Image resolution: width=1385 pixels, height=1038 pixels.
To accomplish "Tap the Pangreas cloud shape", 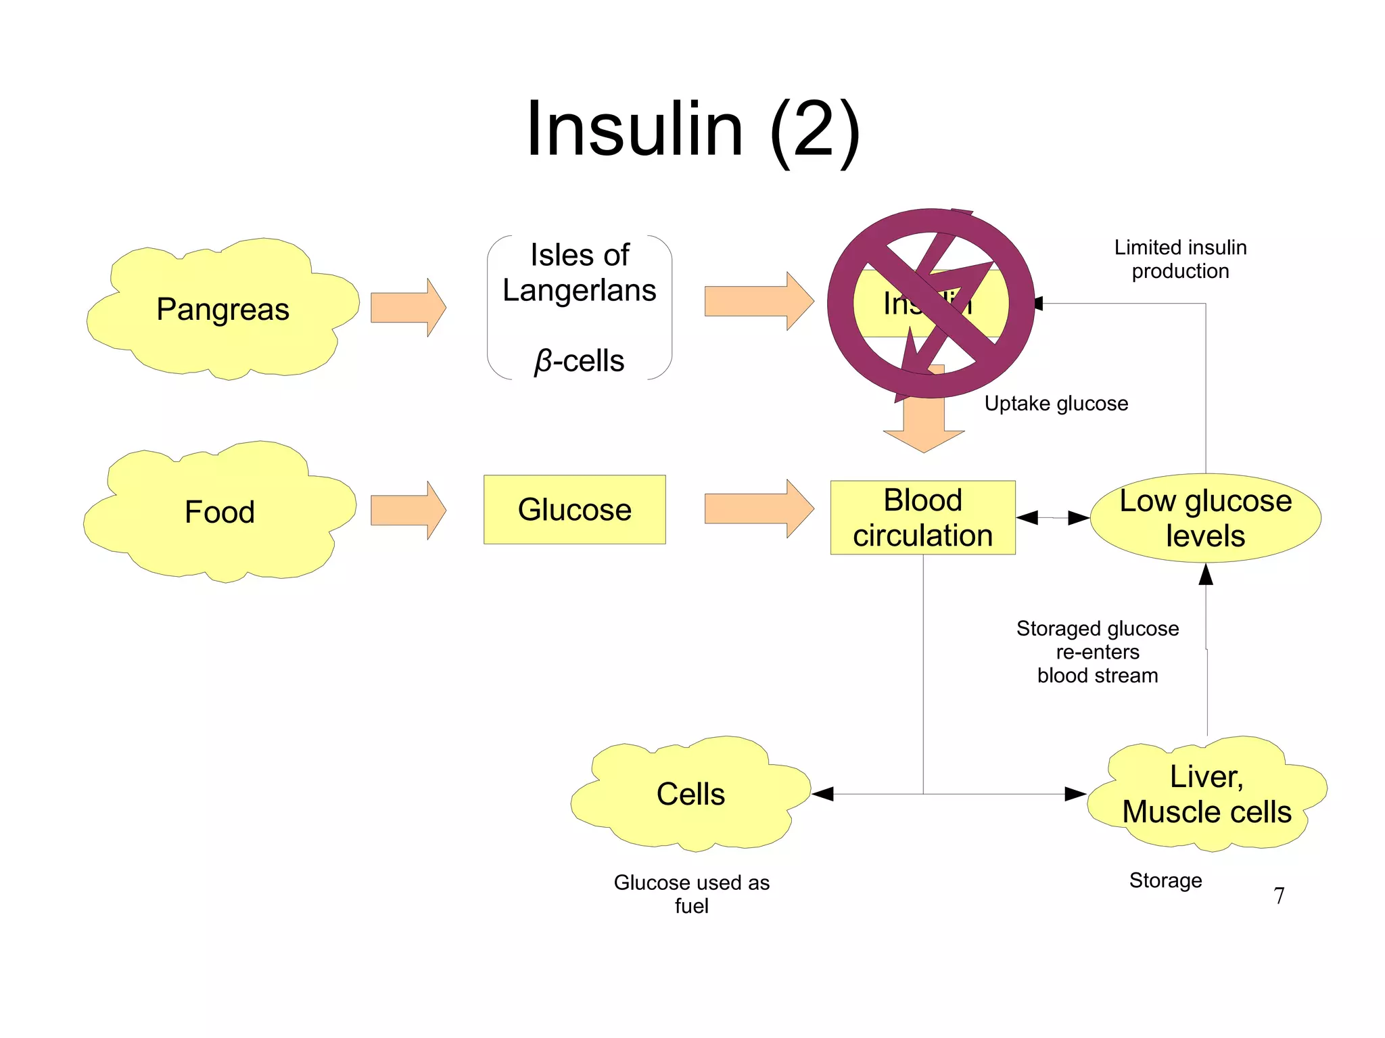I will coord(222,309).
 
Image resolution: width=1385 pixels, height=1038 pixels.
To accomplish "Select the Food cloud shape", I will coord(219,512).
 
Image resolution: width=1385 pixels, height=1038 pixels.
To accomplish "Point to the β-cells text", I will coord(580,360).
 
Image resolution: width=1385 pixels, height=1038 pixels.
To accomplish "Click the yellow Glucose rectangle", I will coord(574,509).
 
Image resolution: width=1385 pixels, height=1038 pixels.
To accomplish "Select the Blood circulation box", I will coord(922,517).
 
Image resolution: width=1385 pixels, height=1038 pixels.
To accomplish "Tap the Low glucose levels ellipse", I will coord(1205,518).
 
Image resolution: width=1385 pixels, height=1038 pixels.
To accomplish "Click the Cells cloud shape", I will coord(690,793).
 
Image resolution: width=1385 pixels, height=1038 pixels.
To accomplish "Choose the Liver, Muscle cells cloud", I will coord(1206,794).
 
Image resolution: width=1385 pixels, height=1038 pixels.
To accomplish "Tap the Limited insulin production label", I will coord(1180,259).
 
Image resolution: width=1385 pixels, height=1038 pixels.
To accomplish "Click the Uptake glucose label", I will coord(1056,404).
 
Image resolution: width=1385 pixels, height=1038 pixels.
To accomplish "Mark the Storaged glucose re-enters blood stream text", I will coord(1097,652).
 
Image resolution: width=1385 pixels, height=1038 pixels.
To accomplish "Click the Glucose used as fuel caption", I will coord(691,893).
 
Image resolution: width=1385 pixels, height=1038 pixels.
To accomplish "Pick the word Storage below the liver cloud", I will coord(1165,880).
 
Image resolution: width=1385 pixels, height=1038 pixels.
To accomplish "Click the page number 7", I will coord(1278,895).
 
